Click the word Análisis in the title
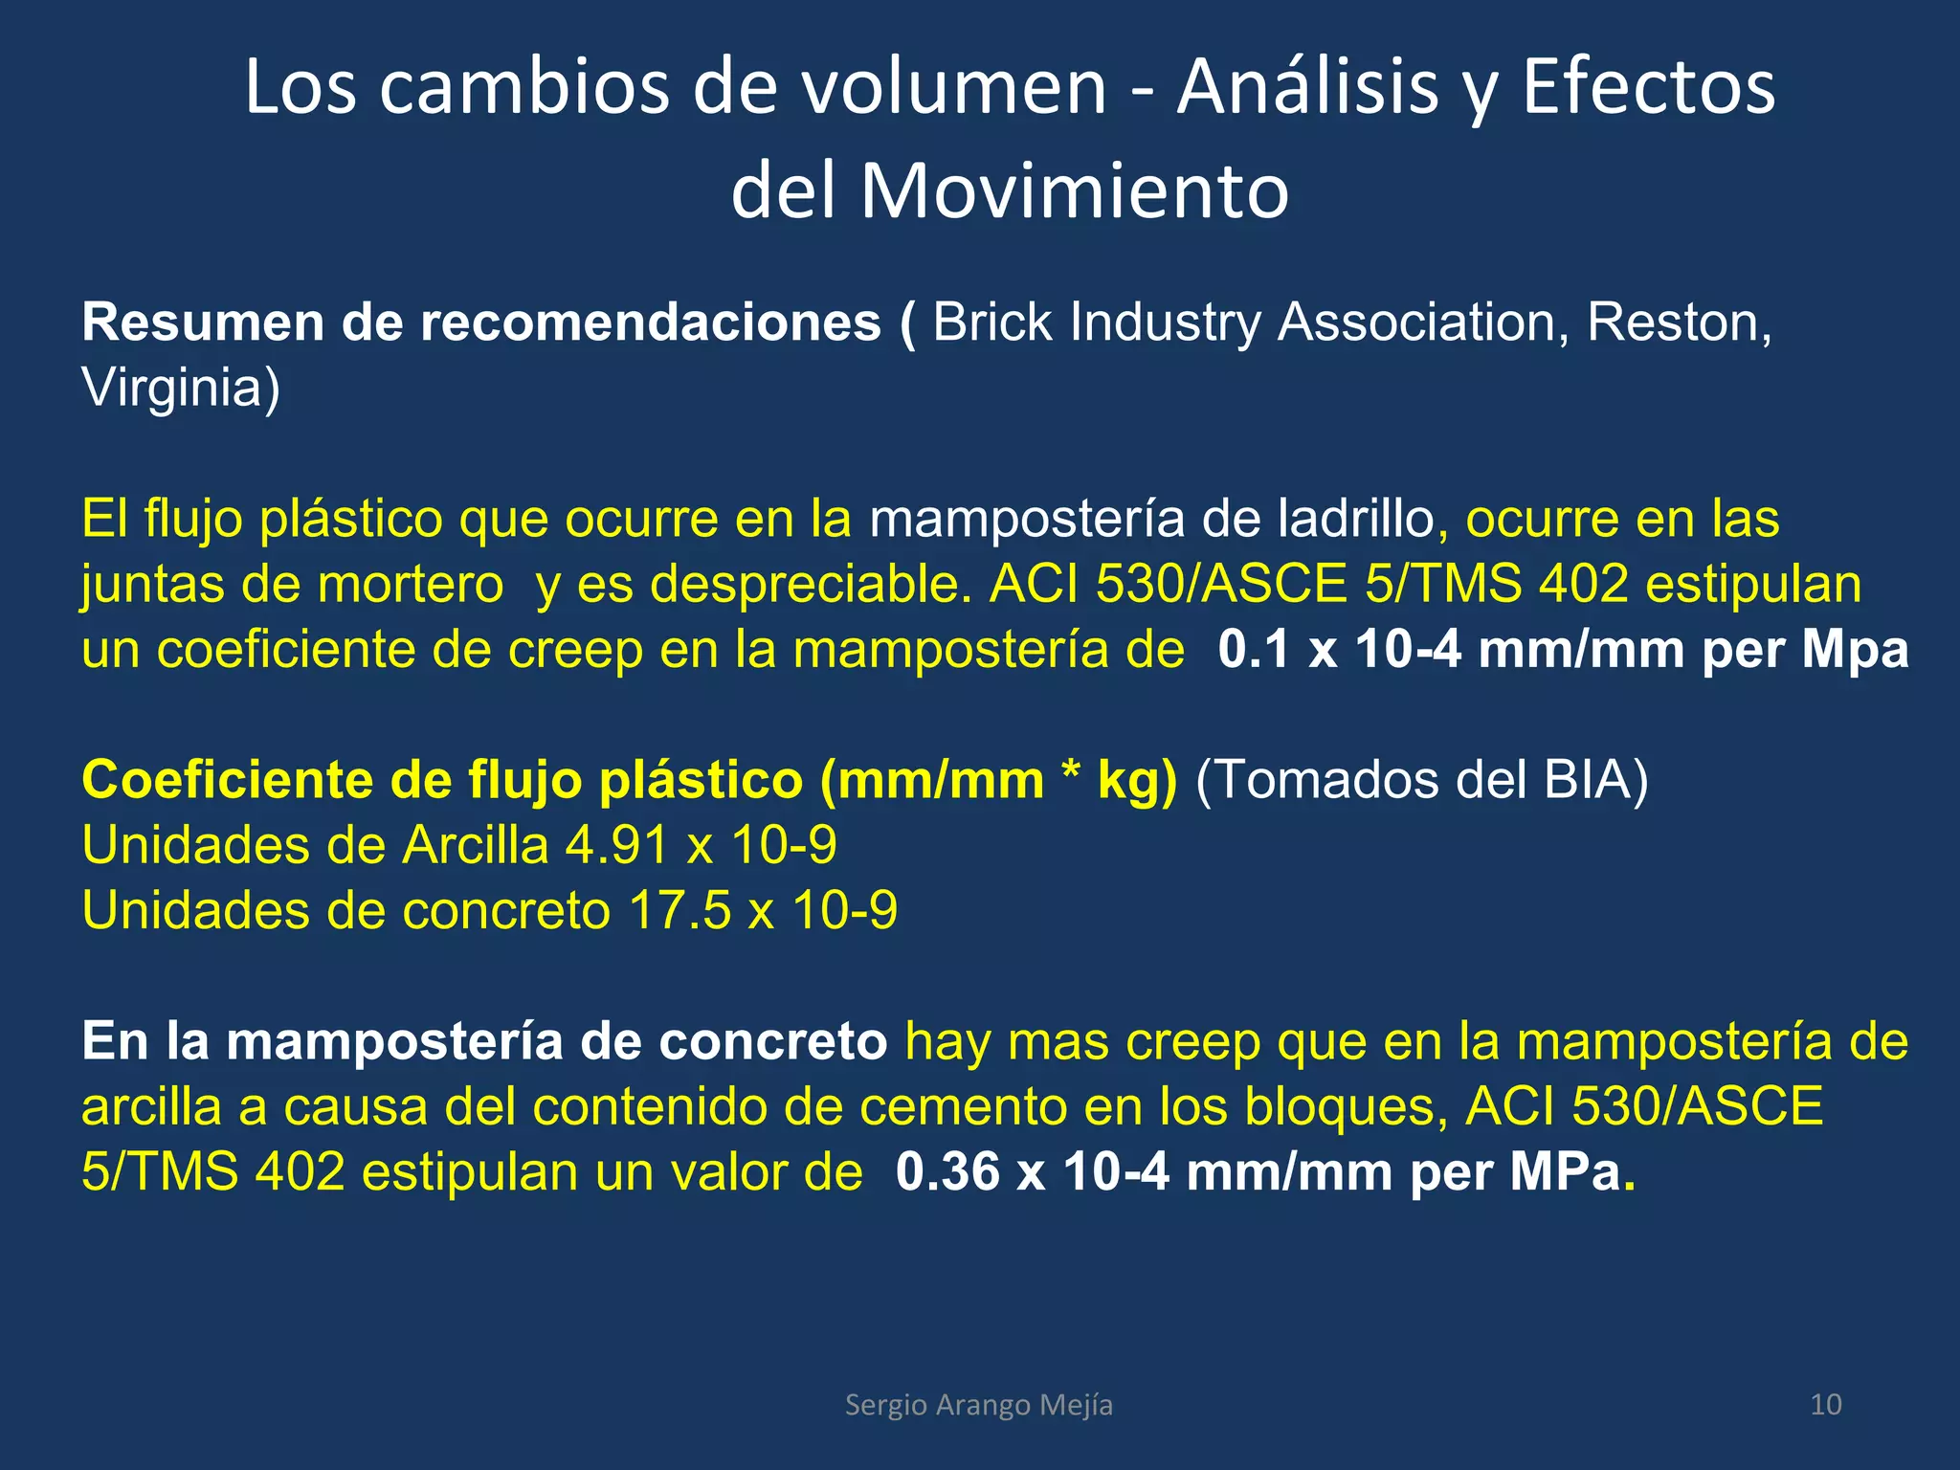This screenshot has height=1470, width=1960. click(1307, 88)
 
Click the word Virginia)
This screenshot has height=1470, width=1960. click(181, 388)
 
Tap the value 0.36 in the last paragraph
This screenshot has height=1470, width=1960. click(947, 1172)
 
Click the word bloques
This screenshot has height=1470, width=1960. click(1345, 1107)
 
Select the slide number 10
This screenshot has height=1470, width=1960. click(1825, 1405)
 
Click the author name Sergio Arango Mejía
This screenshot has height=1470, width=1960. click(978, 1405)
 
